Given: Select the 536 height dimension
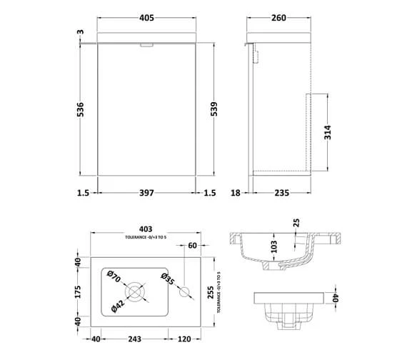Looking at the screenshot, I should pos(81,109).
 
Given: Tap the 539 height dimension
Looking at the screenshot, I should pos(228,109).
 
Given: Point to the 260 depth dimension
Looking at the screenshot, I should pos(279,19).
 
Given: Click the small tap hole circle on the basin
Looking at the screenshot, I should pos(184,291).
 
